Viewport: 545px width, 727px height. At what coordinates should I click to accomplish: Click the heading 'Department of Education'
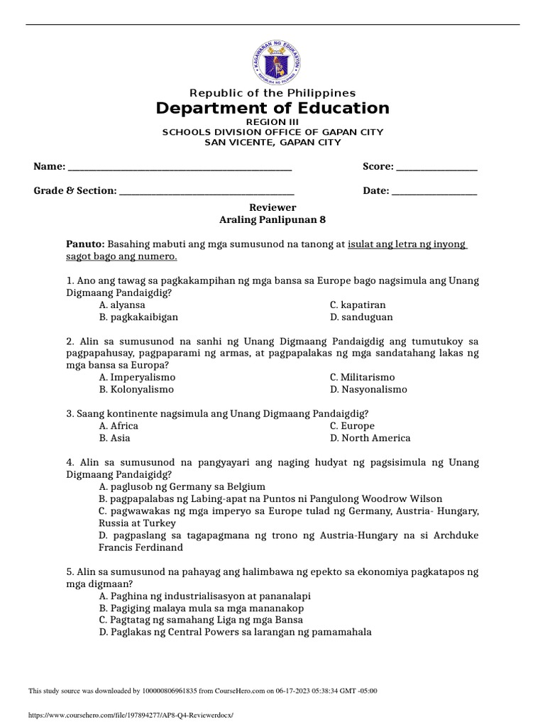point(272,109)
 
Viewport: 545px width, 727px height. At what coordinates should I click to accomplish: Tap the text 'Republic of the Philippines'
point(272,93)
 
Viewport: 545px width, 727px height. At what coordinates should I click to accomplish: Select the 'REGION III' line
point(272,122)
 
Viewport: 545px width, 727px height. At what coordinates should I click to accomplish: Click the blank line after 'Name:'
point(179,167)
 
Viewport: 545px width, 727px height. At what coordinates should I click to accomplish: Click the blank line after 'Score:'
point(436,167)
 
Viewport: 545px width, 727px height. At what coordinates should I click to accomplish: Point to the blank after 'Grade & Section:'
point(207,191)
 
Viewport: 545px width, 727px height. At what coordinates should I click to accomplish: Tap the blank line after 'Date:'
point(434,191)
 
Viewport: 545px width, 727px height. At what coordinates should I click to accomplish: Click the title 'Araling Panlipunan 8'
point(272,220)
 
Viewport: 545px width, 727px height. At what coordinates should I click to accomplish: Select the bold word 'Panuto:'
point(85,244)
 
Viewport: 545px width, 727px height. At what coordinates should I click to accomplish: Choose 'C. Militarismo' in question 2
point(362,377)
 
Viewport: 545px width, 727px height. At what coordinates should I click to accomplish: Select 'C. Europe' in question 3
point(352,426)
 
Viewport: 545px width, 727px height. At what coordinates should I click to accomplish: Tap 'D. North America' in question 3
point(370,438)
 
